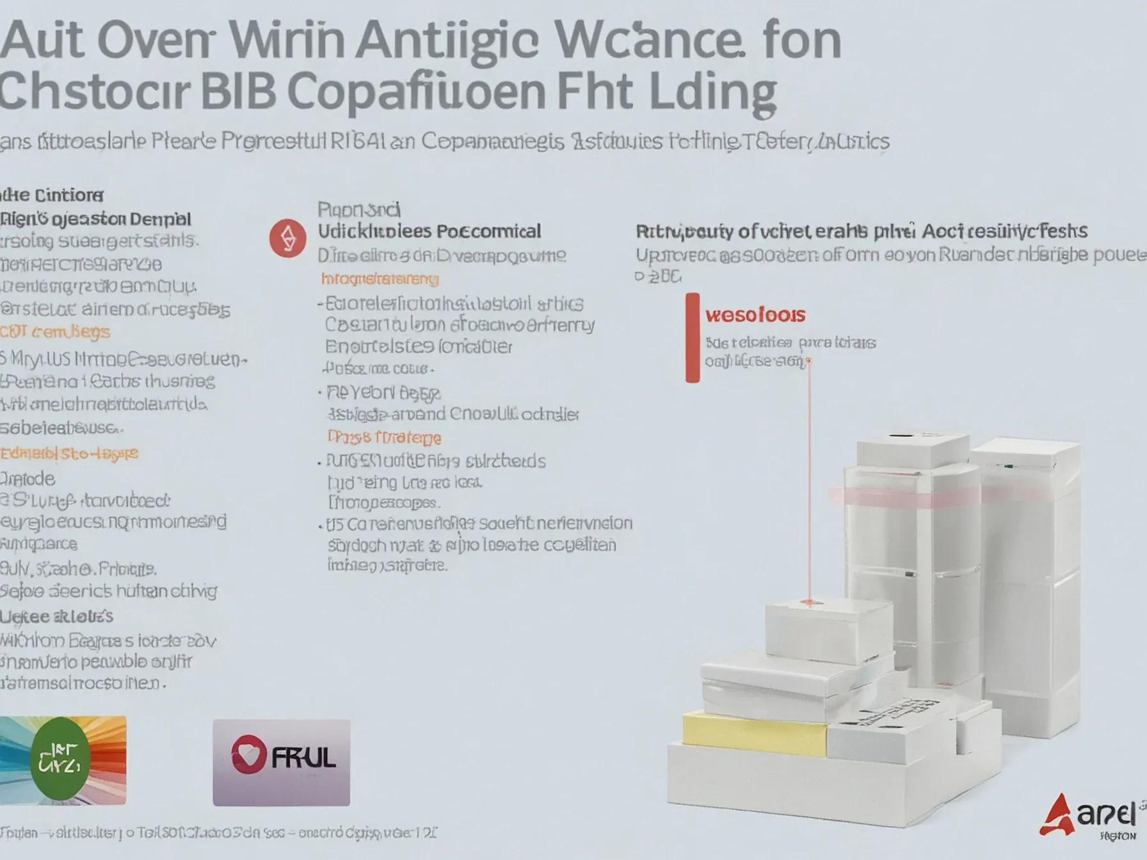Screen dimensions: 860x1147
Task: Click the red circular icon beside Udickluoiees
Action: [x=287, y=239]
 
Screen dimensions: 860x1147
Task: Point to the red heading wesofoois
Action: [x=755, y=315]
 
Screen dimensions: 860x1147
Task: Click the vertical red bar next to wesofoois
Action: [x=693, y=338]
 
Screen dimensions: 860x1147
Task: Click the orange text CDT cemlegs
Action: [x=56, y=332]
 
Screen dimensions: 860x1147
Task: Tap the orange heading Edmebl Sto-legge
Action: [x=69, y=454]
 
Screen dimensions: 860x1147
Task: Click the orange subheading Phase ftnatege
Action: [x=384, y=438]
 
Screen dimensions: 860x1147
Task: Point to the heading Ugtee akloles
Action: [x=56, y=616]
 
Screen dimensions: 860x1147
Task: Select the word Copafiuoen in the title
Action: [x=417, y=92]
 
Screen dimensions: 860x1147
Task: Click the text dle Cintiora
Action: [x=51, y=195]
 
